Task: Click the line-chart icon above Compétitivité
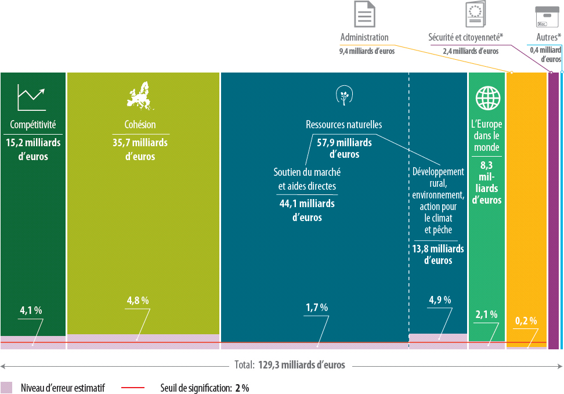pos(31,97)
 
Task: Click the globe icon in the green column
pos(487,98)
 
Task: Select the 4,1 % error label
pos(31,310)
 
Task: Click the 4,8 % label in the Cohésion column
pos(138,301)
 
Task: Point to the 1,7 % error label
pos(317,308)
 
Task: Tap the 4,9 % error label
pos(440,300)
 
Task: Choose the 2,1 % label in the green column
pos(486,315)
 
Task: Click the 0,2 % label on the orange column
pos(526,321)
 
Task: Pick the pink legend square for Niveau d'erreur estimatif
pos(6,388)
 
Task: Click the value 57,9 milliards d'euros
pos(344,148)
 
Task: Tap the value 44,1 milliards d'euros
pos(307,211)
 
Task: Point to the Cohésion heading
pos(140,125)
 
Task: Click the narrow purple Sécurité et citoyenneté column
pos(554,209)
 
